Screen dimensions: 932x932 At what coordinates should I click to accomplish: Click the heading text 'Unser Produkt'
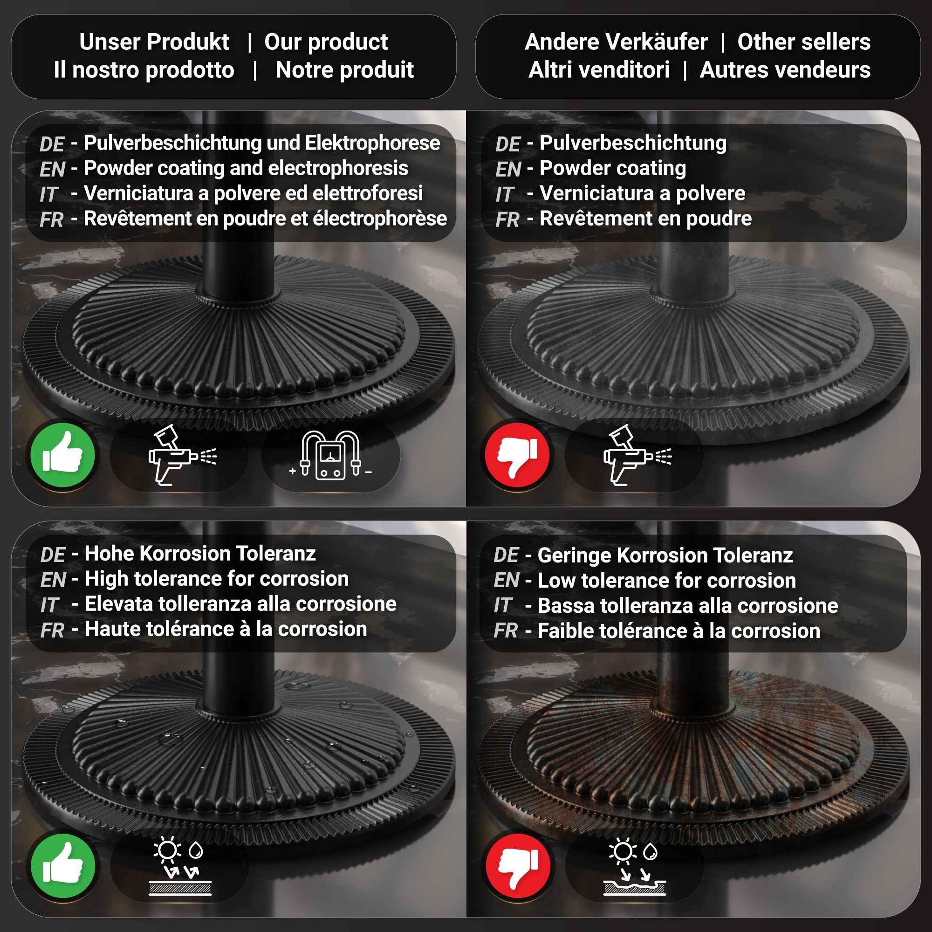[154, 42]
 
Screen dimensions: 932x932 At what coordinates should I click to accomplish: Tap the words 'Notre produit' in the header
[344, 70]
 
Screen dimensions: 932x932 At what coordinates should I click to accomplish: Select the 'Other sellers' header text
[804, 42]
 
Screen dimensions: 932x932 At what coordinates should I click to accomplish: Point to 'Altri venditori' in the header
[599, 70]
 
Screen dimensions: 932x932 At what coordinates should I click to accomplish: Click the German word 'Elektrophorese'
[372, 143]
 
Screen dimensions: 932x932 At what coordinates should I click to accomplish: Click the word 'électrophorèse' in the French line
[380, 218]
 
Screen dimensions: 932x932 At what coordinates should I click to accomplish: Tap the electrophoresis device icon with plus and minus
[331, 455]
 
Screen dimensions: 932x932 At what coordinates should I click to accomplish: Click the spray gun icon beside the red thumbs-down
[637, 455]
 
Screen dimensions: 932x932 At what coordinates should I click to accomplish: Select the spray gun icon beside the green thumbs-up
[182, 455]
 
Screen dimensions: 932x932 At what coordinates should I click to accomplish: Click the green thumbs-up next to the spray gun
[63, 455]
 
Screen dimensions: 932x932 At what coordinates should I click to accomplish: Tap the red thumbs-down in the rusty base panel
[518, 866]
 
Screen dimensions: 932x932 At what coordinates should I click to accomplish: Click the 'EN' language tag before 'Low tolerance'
[507, 580]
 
